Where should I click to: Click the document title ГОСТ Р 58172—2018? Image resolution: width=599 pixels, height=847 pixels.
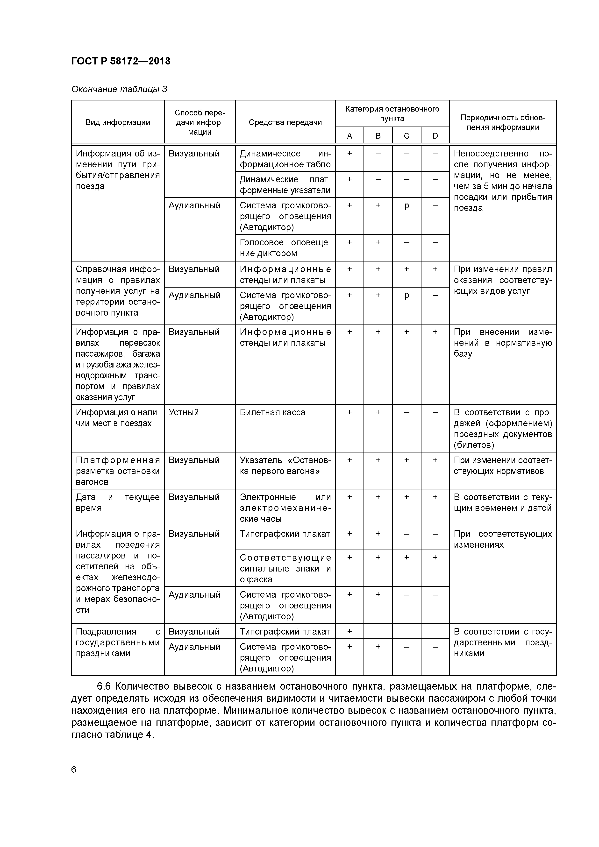[121, 61]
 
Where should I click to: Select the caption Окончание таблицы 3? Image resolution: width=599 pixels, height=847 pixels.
[119, 89]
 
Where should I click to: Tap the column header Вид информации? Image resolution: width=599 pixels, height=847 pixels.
[118, 122]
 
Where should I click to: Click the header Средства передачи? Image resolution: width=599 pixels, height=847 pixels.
[285, 122]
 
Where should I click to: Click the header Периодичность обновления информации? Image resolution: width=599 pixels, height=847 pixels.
[502, 122]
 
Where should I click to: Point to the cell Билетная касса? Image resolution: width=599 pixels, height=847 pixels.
[273, 412]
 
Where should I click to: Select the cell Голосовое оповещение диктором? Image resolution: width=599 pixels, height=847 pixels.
[285, 248]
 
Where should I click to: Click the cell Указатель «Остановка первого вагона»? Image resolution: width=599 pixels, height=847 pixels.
[285, 466]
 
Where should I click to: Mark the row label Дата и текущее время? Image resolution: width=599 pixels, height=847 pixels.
[117, 502]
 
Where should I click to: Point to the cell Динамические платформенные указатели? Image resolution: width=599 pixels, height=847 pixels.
[285, 185]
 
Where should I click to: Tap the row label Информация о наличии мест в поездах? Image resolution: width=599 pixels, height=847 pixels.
[117, 418]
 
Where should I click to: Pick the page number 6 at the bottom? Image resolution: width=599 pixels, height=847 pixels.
[74, 769]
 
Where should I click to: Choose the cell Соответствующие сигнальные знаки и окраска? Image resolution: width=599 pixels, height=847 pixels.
[285, 568]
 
